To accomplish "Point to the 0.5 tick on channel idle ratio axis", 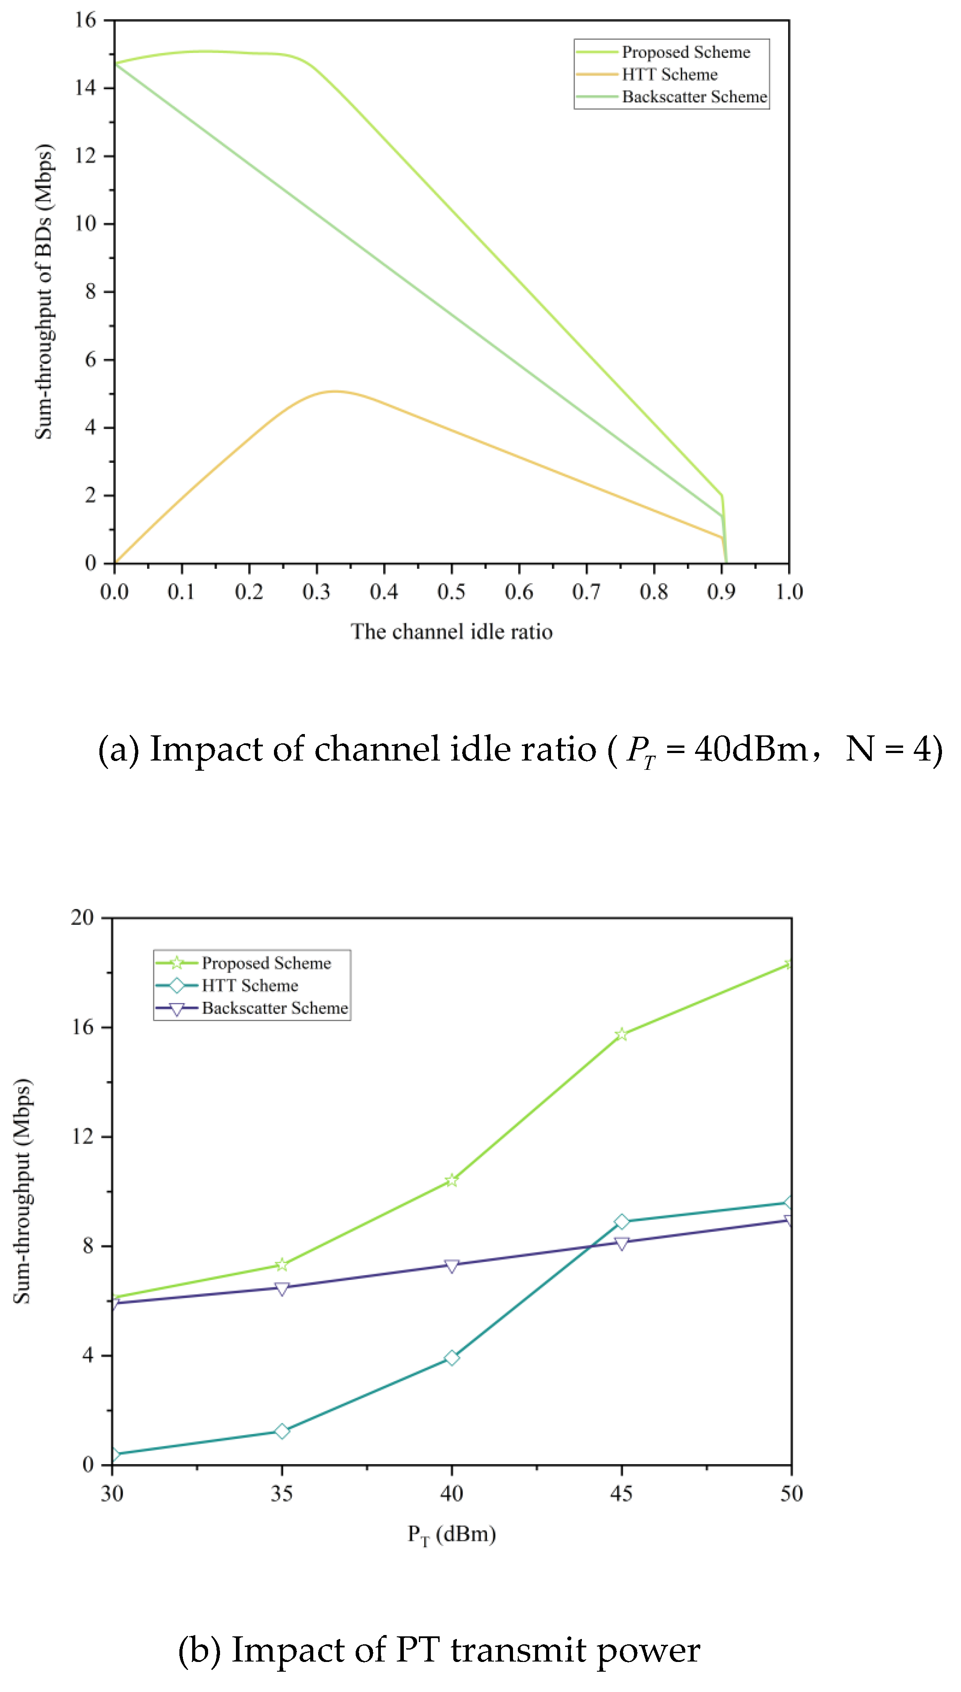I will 452,592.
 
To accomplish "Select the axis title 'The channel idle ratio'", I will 452,632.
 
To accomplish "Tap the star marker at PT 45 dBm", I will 621,1034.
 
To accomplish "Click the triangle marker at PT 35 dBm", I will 282,1289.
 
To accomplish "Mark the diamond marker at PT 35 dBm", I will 282,1431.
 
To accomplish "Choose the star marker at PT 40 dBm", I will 452,1180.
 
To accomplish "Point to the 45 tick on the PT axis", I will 621,1493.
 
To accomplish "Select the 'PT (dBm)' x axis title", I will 452,1534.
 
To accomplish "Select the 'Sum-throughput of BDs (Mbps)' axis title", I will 44,291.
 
